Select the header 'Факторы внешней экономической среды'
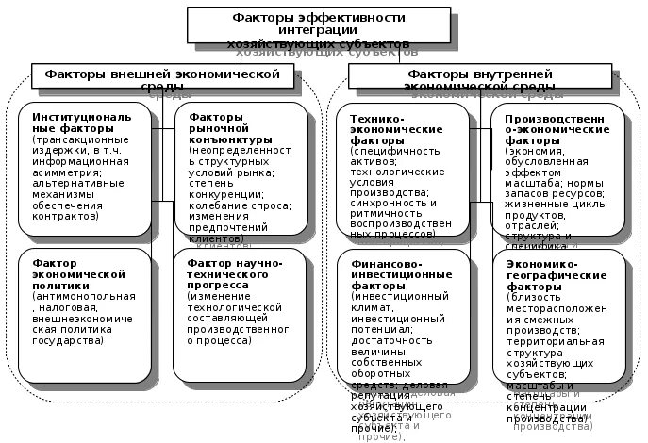157,75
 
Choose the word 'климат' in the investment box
368,307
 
